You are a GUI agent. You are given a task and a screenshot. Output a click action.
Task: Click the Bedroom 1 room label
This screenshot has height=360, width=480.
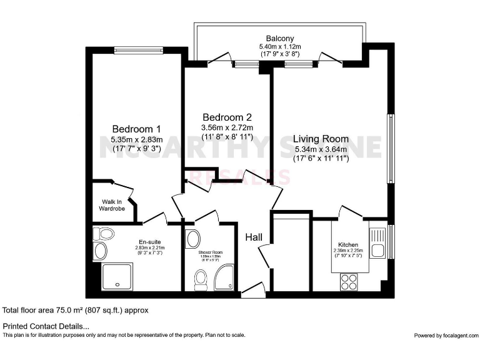coord(136,129)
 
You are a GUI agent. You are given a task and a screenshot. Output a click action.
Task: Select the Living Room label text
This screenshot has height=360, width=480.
coord(321,139)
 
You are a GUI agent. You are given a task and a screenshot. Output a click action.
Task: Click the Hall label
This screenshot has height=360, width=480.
coord(253,237)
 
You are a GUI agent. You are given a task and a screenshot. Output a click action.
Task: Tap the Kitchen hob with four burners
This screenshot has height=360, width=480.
coord(347,282)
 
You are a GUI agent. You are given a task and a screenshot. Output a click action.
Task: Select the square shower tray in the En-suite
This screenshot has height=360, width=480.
coord(117,276)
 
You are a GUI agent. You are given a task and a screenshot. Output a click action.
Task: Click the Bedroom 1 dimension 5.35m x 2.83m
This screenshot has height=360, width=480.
coord(136,139)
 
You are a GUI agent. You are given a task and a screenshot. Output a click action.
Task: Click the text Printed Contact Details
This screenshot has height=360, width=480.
coord(46,326)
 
